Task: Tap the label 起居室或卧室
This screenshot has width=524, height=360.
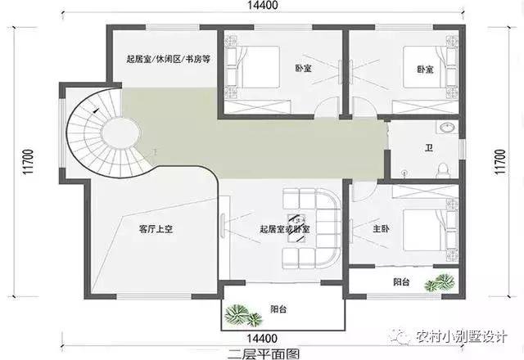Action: coord(283,229)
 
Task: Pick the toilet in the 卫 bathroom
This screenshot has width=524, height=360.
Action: coord(443,169)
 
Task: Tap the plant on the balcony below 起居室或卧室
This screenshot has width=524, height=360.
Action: coord(241,313)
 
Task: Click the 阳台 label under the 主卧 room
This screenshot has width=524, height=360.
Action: coord(401,283)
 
